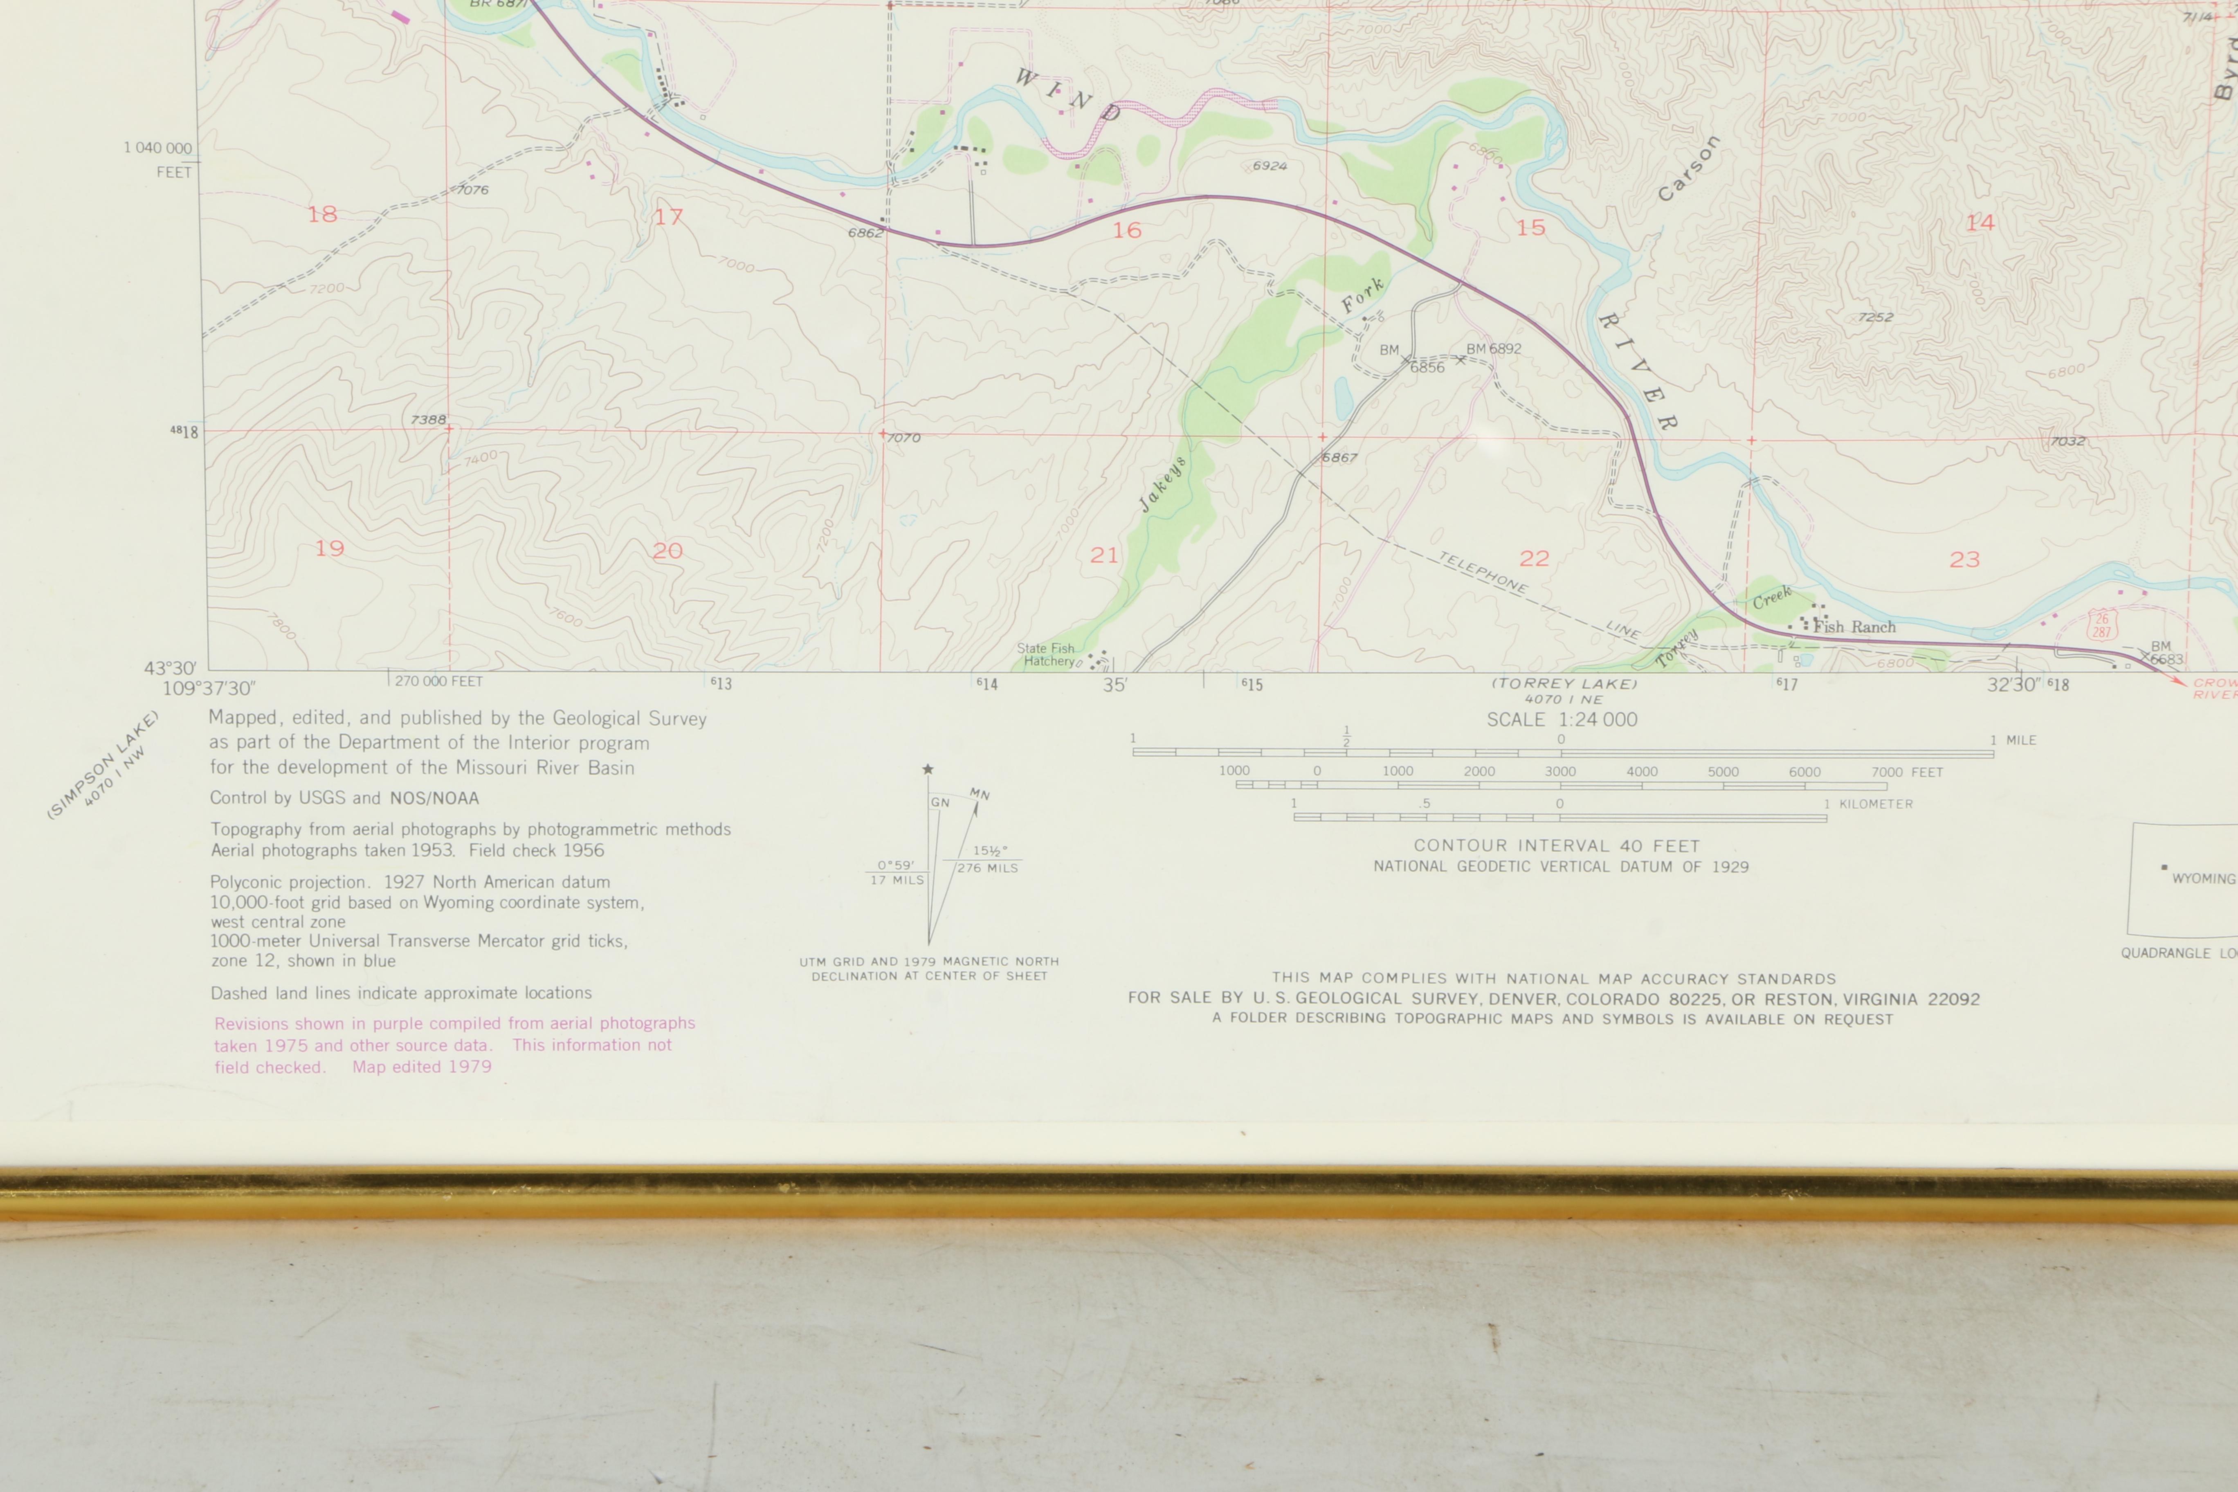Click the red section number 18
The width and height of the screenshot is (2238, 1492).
tap(321, 214)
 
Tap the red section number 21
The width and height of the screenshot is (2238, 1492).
tap(1104, 555)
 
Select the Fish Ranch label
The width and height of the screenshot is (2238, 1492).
tap(1854, 627)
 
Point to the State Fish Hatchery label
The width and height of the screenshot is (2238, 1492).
tap(1049, 655)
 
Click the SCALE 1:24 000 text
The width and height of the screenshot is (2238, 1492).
tap(1562, 720)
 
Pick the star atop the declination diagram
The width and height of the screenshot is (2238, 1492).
tap(928, 769)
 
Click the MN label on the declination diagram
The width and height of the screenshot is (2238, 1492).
tap(979, 793)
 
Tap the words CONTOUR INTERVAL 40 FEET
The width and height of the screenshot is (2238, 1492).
tap(1557, 846)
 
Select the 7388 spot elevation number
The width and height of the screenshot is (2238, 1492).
tap(428, 420)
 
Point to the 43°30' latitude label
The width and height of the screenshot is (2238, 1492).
tap(170, 669)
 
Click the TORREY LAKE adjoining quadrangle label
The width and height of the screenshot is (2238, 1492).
tap(1564, 683)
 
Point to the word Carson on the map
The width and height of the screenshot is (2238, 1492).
tap(1688, 169)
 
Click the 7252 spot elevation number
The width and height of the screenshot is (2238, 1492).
tap(1876, 317)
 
